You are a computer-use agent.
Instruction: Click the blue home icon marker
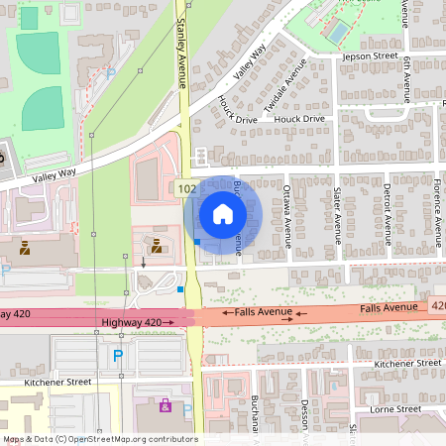click(222, 213)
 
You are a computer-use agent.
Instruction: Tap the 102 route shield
click(186, 188)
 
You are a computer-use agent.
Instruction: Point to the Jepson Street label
click(369, 57)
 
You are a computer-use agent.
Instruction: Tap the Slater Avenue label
click(337, 213)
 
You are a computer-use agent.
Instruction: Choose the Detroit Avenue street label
click(386, 212)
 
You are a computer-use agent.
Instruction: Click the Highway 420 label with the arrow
click(137, 322)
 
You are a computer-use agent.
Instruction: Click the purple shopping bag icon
click(166, 405)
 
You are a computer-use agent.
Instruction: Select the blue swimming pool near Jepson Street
click(338, 31)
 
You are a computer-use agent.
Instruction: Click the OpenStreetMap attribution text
click(99, 438)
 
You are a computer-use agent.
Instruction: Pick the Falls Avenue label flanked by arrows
click(263, 313)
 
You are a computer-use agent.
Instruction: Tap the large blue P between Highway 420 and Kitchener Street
click(119, 355)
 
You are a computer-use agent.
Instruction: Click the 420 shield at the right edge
click(438, 307)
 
